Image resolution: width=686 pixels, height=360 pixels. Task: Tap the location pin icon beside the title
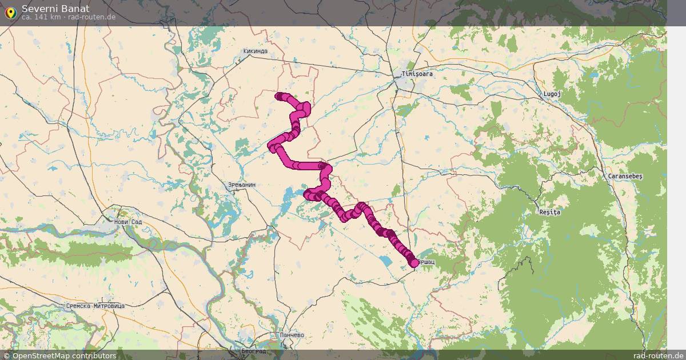coord(10,12)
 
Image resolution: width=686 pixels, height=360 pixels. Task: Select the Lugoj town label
coord(553,94)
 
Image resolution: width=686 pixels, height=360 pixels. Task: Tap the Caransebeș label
coord(625,176)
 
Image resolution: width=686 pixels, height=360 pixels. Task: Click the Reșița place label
coord(551,212)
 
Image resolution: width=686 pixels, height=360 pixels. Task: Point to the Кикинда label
coord(255,51)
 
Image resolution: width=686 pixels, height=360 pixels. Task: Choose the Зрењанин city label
coord(242,185)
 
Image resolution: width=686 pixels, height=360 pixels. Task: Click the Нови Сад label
coord(127,222)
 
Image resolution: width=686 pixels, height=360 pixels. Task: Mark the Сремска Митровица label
coord(95,306)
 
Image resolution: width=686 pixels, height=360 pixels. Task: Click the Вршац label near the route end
coord(426,262)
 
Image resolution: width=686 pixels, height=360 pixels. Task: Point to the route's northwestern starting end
coord(279,96)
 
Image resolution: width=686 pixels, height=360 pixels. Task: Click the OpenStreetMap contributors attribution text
coord(64,355)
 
